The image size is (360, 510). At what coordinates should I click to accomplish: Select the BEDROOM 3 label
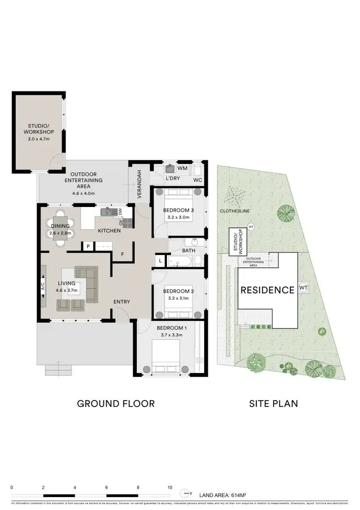pos(178,210)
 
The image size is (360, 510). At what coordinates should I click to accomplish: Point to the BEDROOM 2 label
pos(178,291)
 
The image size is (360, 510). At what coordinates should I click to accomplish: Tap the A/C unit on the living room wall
pos(43,287)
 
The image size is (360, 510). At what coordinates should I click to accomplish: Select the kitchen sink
pos(107,212)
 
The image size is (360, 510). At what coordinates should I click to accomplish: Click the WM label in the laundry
pos(182,169)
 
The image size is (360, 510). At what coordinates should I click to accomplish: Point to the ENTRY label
pos(121,302)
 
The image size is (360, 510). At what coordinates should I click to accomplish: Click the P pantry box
pos(88,246)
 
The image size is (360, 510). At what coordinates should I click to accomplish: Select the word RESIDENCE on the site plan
pos(267,290)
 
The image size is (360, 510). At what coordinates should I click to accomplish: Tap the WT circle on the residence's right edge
pos(303,287)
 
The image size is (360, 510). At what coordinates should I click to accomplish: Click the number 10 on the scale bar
pos(169,487)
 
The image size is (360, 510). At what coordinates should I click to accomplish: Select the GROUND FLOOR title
pos(116,403)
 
